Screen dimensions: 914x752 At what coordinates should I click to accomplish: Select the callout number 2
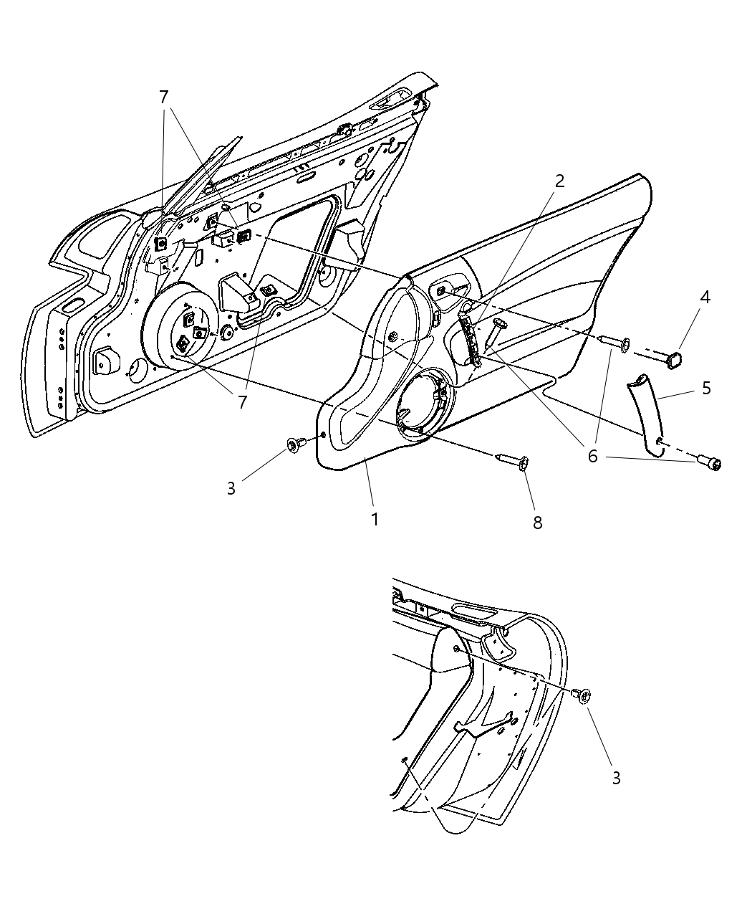tap(559, 181)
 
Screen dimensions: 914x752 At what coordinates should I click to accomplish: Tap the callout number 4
tap(705, 297)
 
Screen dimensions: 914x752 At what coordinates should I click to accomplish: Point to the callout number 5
tap(706, 388)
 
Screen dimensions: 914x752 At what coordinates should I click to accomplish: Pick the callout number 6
tap(592, 456)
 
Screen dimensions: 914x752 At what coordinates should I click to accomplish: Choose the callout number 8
tap(537, 523)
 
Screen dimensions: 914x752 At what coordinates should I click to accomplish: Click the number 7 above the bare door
tap(164, 97)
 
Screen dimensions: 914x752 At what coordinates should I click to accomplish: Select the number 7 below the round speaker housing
tap(242, 402)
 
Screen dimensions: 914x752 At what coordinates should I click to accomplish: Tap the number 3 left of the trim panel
tap(231, 488)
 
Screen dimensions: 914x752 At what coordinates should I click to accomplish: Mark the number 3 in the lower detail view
tap(616, 777)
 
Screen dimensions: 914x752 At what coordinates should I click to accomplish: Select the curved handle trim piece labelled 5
tap(647, 414)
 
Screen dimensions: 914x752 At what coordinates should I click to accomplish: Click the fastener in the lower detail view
tap(582, 693)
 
